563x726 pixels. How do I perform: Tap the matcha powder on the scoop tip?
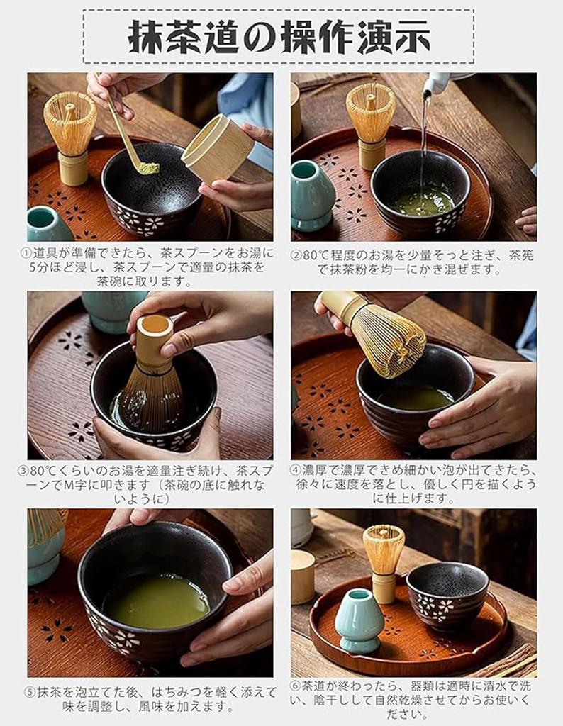148,168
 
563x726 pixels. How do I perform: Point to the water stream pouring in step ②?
424,142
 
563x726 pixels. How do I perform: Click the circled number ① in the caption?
26,252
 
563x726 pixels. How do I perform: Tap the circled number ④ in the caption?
296,470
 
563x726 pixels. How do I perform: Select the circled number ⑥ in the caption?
296,687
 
